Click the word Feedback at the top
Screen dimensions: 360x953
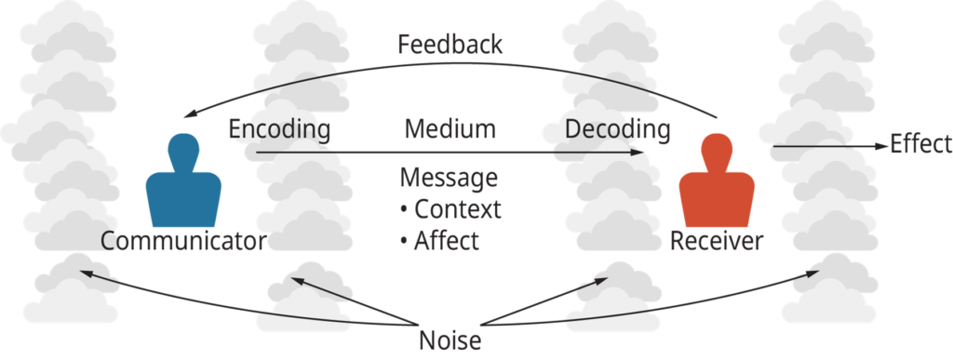[x=450, y=45]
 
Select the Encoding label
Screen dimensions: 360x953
[x=279, y=130]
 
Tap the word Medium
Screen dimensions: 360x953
[x=450, y=129]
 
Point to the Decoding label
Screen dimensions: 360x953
[x=618, y=130]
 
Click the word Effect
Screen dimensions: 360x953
[x=920, y=144]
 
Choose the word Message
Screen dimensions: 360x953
[x=448, y=178]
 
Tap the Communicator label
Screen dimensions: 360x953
[x=183, y=242]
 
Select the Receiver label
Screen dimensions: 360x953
[x=717, y=242]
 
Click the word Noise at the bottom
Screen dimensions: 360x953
[x=450, y=340]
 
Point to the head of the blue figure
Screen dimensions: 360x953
[x=183, y=149]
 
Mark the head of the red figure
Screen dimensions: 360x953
[x=717, y=149]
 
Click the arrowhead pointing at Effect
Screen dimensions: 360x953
[x=879, y=145]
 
